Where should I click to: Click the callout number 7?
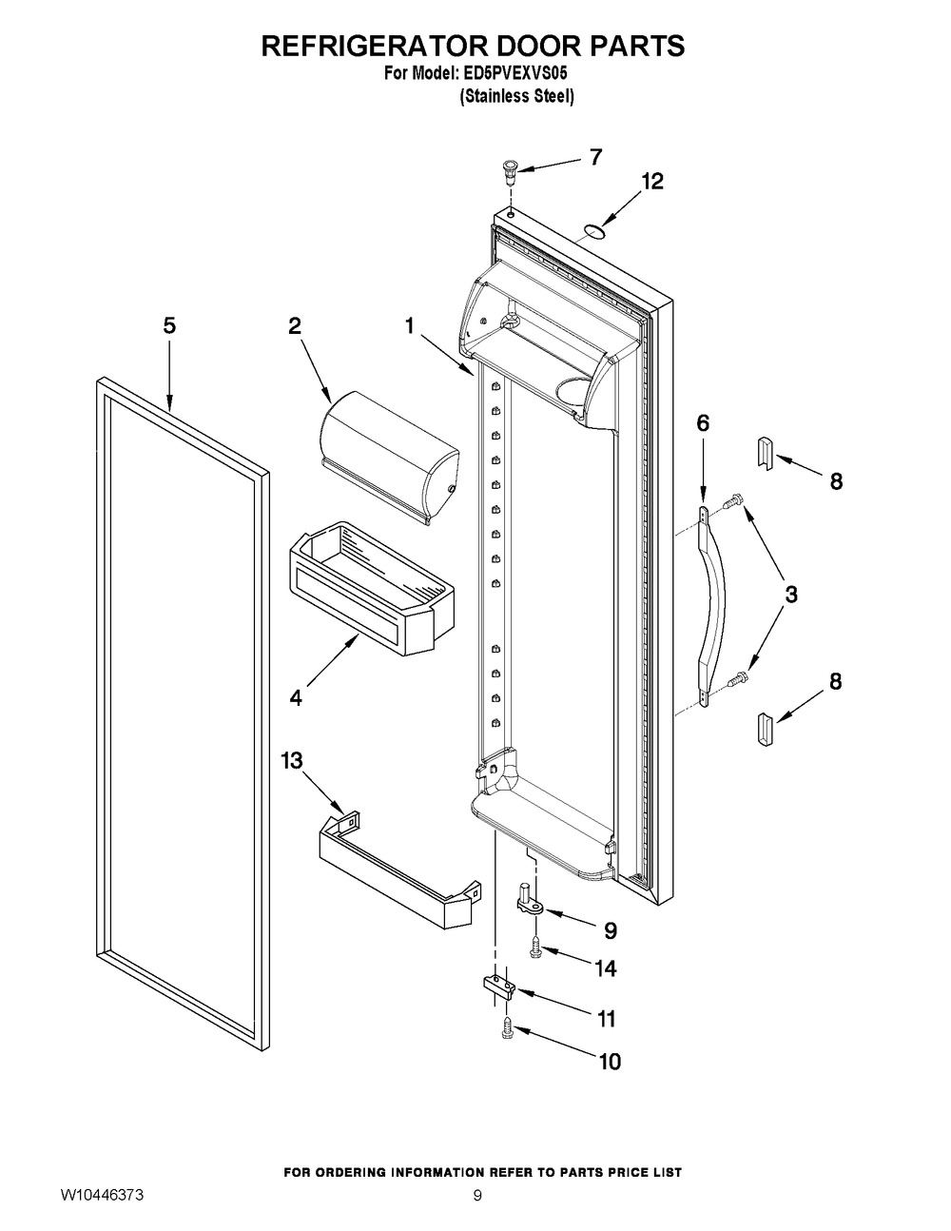595,158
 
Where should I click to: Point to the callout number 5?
168,325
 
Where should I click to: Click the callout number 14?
605,968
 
